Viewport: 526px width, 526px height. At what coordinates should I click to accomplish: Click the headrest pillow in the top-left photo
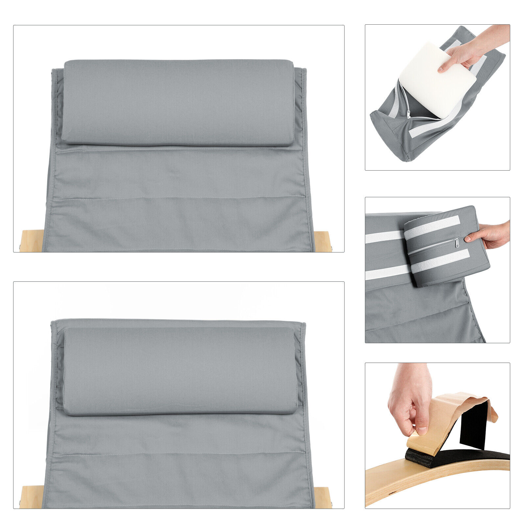178,102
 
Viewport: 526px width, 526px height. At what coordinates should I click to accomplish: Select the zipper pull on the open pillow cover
409,114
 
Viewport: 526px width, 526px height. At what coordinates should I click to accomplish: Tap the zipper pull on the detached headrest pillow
457,243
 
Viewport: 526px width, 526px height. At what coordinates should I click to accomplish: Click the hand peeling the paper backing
409,398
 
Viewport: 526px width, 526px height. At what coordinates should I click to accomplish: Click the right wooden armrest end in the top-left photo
322,242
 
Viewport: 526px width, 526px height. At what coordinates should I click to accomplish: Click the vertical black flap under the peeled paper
473,426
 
